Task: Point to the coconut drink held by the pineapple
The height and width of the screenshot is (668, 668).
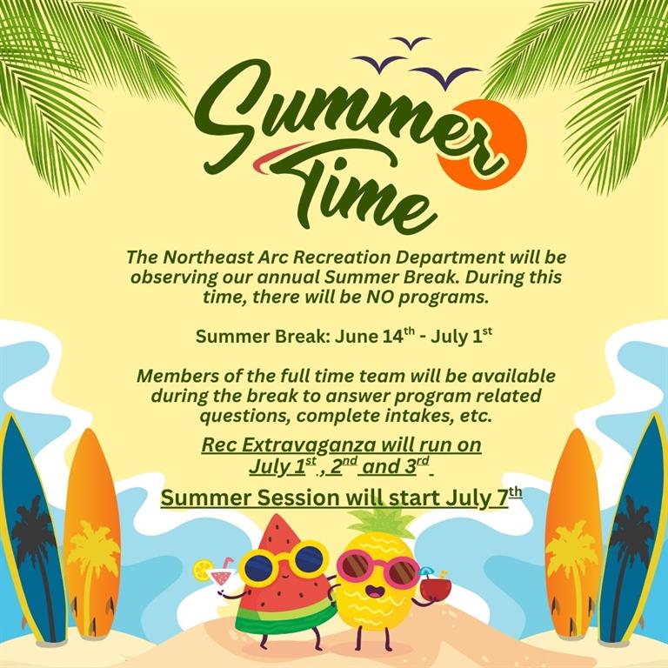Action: coord(436,585)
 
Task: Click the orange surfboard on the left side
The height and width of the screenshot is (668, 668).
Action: coord(92,532)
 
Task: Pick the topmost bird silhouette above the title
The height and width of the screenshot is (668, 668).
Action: coord(411,42)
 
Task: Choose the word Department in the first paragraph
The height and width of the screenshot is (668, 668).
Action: coord(451,258)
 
